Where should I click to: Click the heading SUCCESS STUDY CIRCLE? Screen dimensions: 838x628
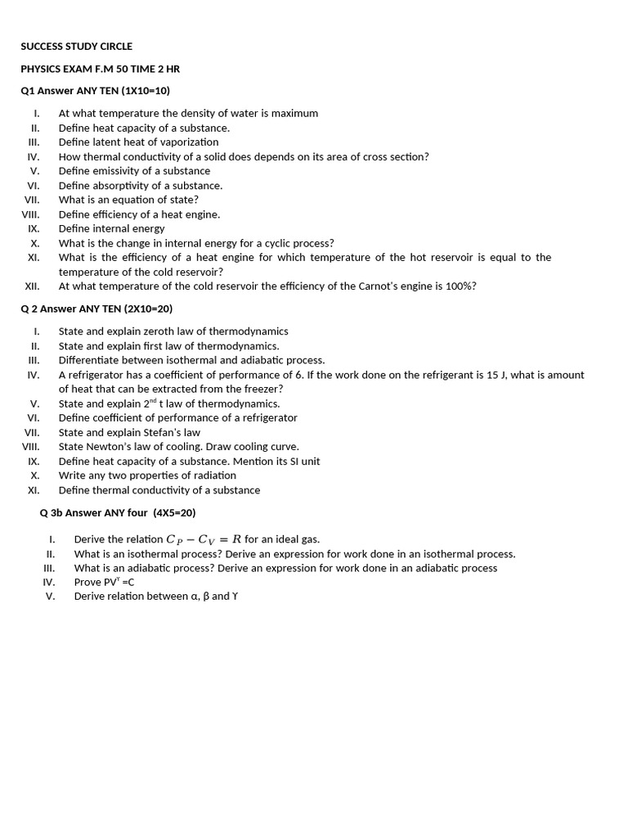76,47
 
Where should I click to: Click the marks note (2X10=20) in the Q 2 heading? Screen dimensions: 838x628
148,309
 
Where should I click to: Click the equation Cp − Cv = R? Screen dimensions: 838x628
204,539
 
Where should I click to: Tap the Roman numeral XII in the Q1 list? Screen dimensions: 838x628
32,286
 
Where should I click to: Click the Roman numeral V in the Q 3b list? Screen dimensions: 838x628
50,597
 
